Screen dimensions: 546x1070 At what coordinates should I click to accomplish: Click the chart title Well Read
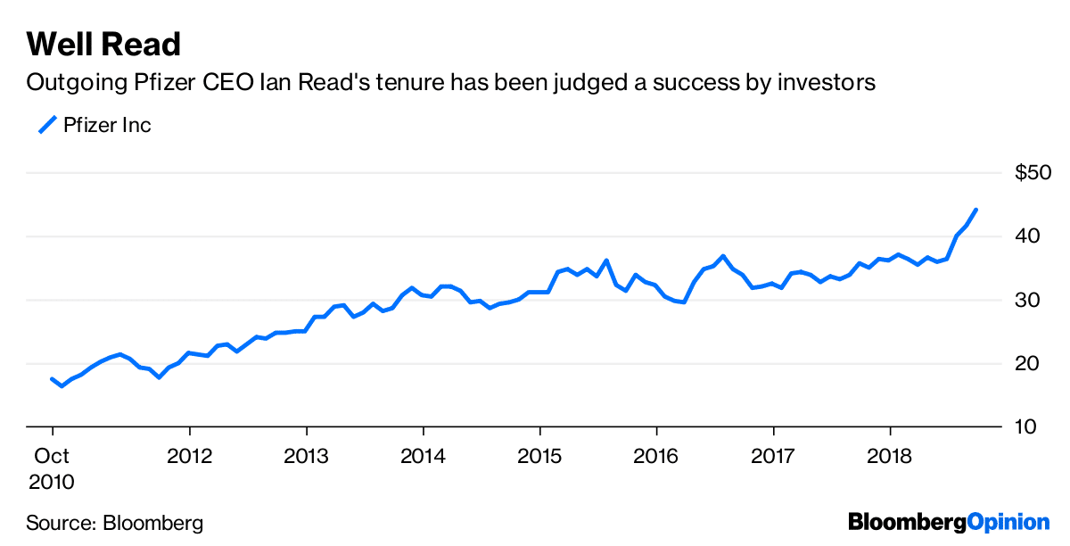[x=103, y=43]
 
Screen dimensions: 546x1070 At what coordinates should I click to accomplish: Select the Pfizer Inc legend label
[x=107, y=125]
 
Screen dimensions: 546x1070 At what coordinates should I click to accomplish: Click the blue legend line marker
[x=46, y=124]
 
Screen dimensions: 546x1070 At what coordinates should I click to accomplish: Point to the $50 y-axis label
[x=1033, y=173]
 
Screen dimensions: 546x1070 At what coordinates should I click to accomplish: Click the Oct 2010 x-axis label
[x=51, y=469]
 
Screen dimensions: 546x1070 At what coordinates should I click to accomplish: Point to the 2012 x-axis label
[x=189, y=457]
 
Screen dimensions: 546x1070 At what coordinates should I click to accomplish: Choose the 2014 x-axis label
[x=423, y=457]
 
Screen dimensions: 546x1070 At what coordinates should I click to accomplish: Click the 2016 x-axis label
[x=656, y=457]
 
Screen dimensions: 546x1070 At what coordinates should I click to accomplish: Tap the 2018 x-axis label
[x=890, y=457]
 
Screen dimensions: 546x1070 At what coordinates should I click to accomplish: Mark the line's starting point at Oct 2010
[x=52, y=379]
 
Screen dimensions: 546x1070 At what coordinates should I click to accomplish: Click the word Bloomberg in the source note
[x=153, y=523]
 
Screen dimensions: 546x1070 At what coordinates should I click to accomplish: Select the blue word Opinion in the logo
[x=1008, y=523]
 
